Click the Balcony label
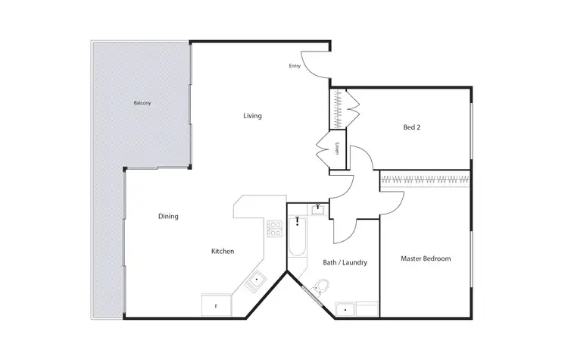coord(142,103)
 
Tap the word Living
coord(252,116)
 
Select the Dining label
coord(168,217)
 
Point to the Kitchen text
coord(223,251)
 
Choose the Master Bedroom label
coord(426,258)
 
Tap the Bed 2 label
coord(412,127)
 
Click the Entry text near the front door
coord(295,66)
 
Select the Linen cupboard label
coord(337,147)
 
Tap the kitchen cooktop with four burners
coord(274,227)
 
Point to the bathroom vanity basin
coord(319,209)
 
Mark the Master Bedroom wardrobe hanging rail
coord(425,180)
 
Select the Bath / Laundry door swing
coord(343,224)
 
